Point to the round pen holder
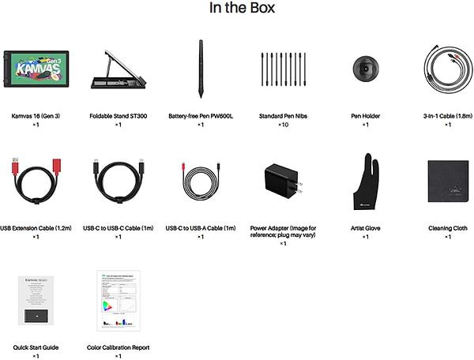[365, 69]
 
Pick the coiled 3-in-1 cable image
[448, 69]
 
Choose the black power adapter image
[283, 184]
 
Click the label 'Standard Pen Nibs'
[283, 116]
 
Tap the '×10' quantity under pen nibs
[283, 125]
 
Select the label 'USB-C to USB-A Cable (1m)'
[201, 228]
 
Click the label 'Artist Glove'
[365, 228]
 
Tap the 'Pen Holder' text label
[365, 116]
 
